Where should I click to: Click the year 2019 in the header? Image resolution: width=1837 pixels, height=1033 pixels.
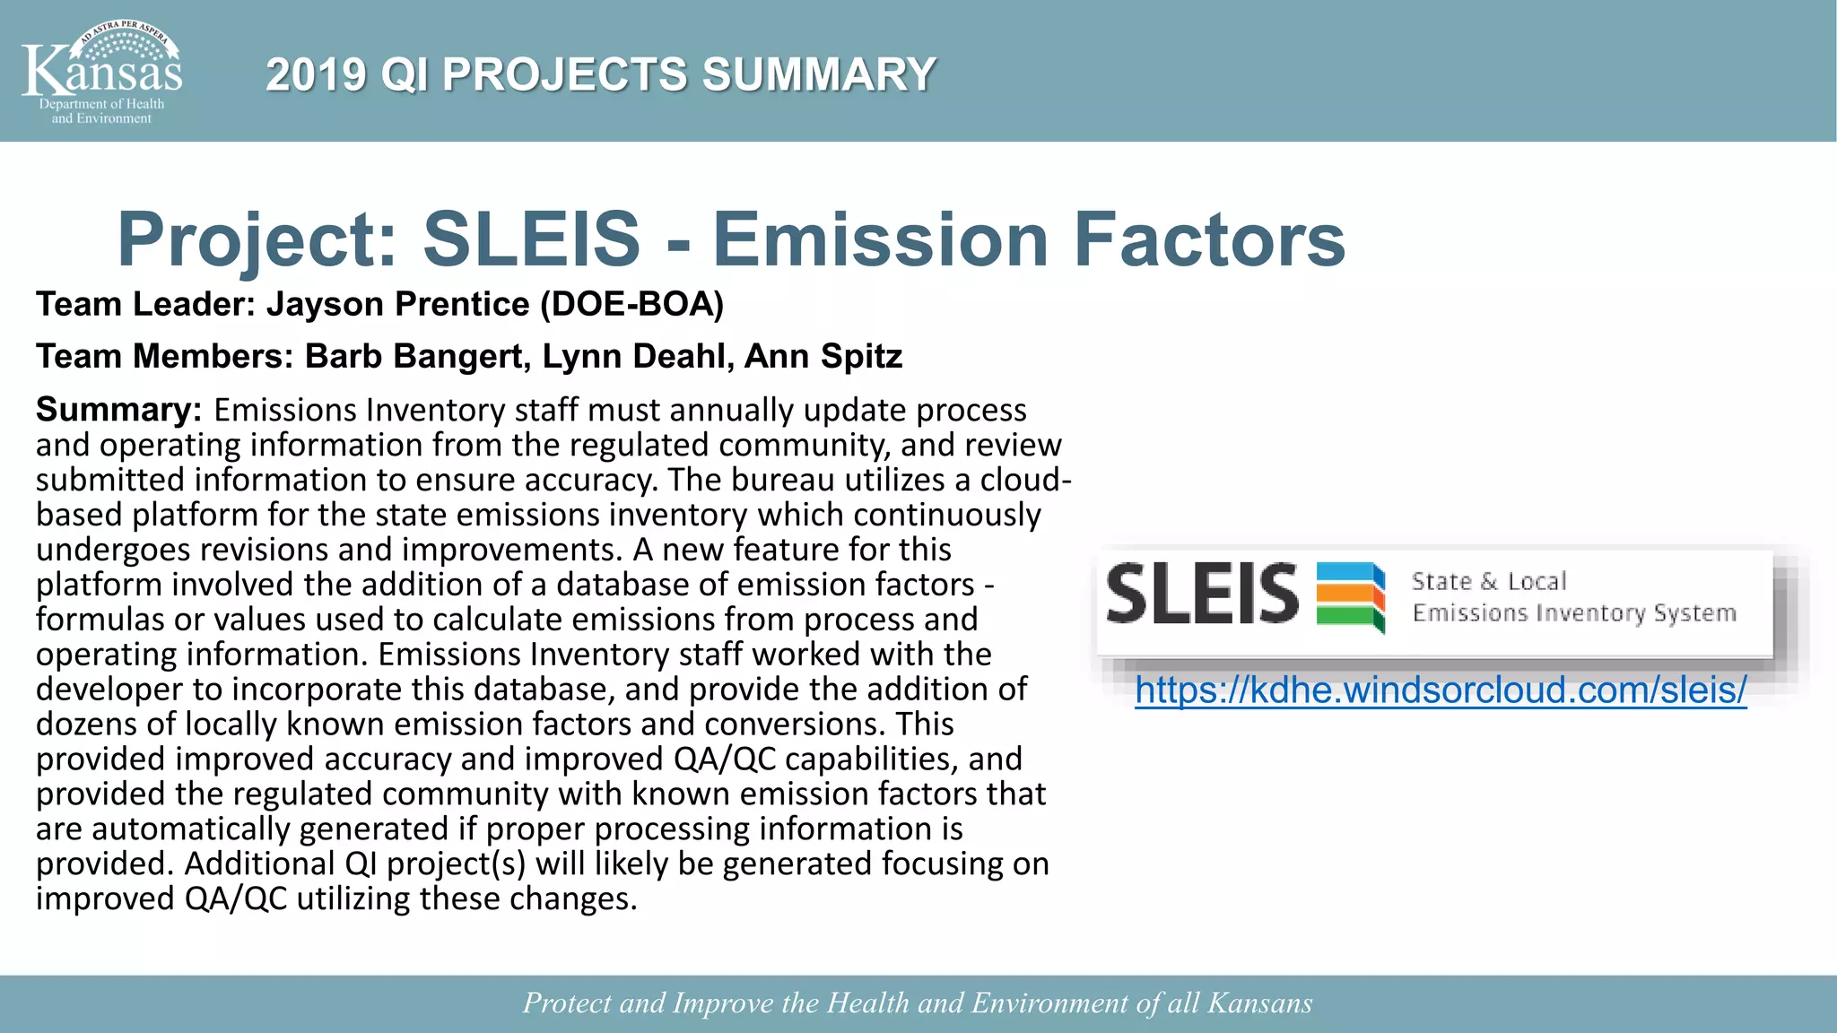[316, 74]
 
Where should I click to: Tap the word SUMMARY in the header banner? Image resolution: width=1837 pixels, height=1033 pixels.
[819, 74]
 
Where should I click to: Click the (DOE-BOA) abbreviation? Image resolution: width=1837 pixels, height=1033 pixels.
[631, 305]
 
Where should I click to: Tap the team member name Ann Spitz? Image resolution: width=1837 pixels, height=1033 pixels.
[823, 357]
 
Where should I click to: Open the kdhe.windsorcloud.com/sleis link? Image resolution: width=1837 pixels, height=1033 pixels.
[1441, 690]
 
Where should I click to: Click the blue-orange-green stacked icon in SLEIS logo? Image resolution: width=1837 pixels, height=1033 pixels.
[1351, 595]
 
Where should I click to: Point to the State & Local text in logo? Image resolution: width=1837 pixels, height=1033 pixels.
[1489, 581]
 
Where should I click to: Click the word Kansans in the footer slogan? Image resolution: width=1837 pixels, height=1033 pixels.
[1260, 1003]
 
